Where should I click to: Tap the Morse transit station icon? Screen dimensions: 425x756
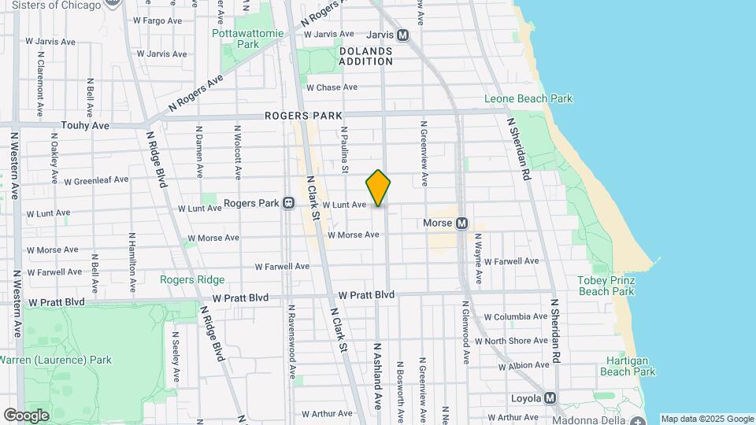(462, 224)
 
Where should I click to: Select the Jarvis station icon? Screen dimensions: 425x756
(403, 35)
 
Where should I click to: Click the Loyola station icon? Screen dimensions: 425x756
(550, 398)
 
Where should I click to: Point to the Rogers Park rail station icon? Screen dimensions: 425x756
(288, 203)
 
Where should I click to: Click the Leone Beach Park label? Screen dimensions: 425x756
(528, 99)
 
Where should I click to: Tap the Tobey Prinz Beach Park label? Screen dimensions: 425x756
(606, 286)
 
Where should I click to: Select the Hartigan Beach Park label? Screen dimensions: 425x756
(627, 366)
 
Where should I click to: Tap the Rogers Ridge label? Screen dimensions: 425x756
(192, 279)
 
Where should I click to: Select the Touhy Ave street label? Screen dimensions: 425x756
(85, 125)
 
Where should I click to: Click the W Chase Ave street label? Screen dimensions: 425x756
(332, 87)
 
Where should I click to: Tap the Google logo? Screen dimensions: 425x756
(26, 415)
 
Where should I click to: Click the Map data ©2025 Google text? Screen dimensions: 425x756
(707, 419)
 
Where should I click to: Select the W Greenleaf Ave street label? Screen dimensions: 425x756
(96, 180)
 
